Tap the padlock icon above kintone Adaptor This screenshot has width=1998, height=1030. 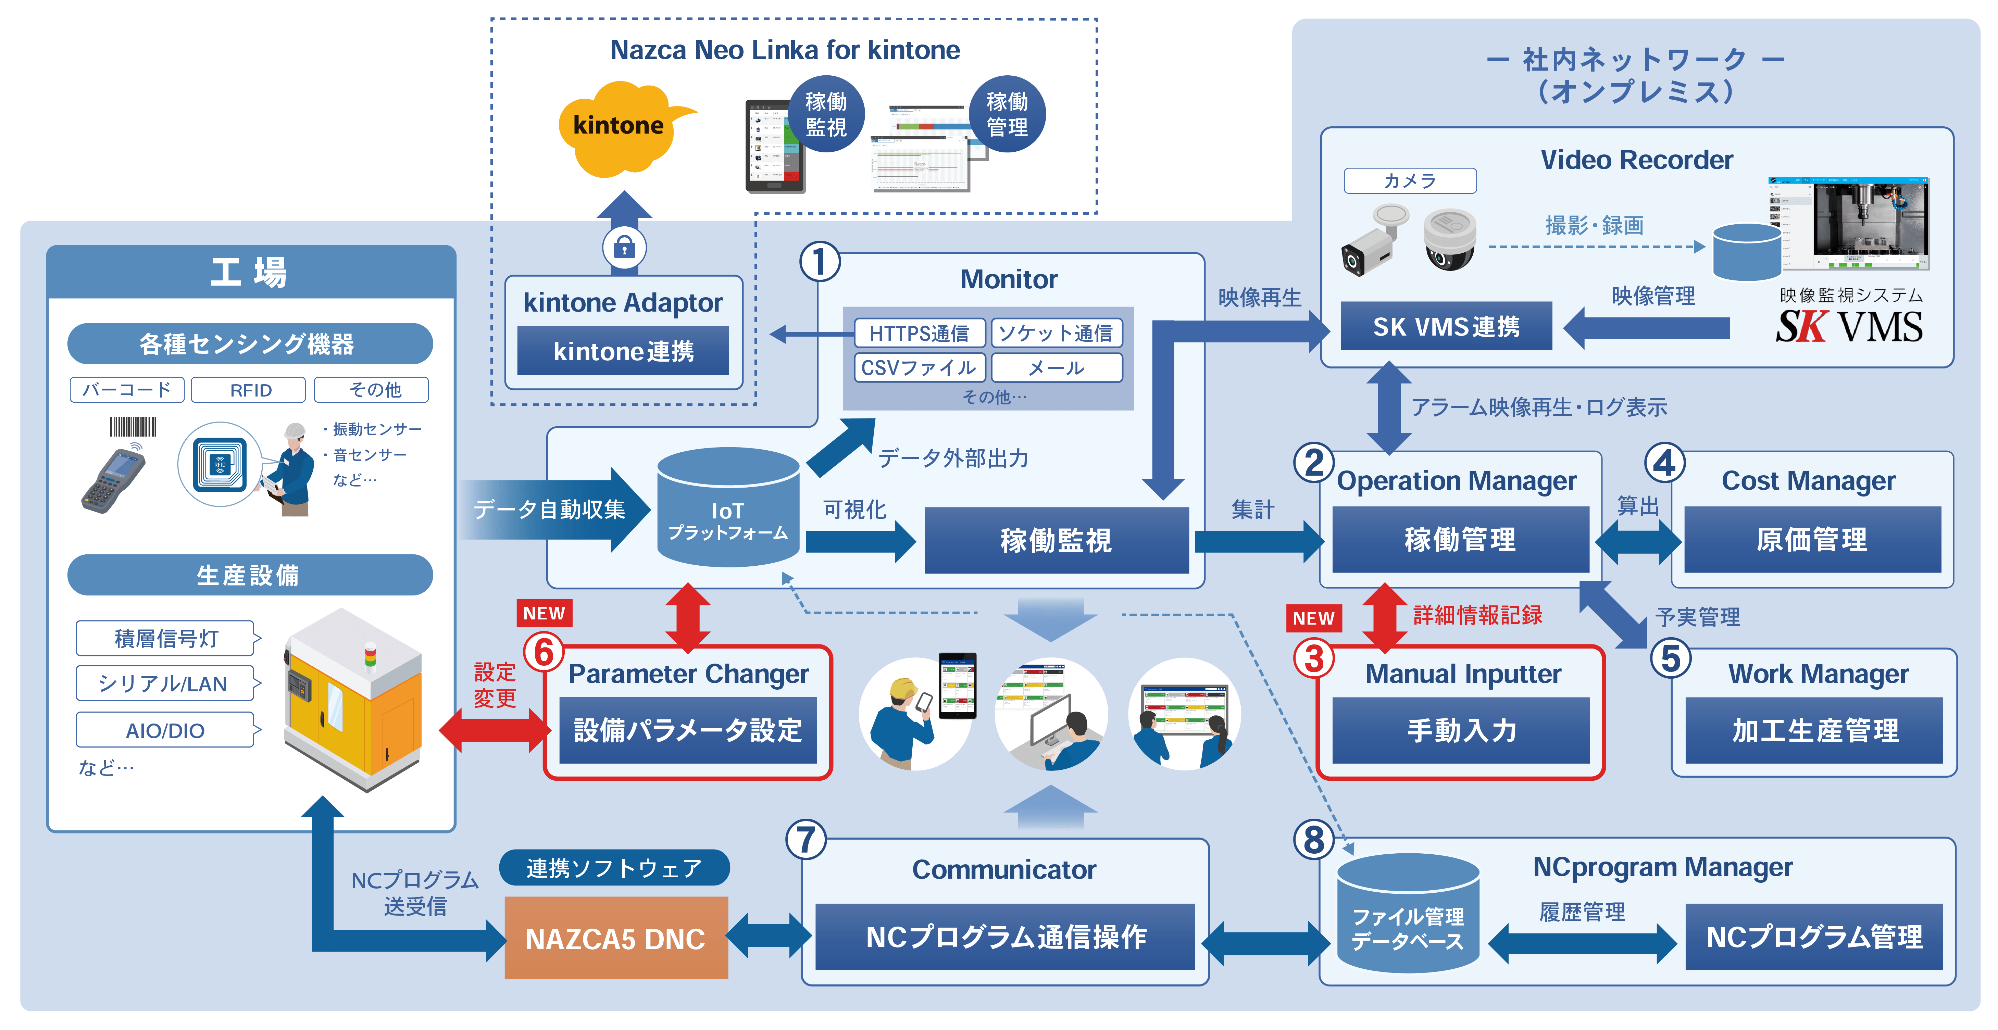click(624, 248)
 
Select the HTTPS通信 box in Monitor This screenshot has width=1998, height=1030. click(919, 334)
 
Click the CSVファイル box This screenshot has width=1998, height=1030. click(919, 368)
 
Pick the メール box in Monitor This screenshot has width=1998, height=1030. click(1057, 368)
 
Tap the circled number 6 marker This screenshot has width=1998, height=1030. click(544, 652)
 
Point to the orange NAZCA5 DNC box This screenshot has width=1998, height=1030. click(616, 939)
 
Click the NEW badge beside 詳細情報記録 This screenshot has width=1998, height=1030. click(1313, 618)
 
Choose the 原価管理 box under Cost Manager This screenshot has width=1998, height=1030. click(1812, 540)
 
